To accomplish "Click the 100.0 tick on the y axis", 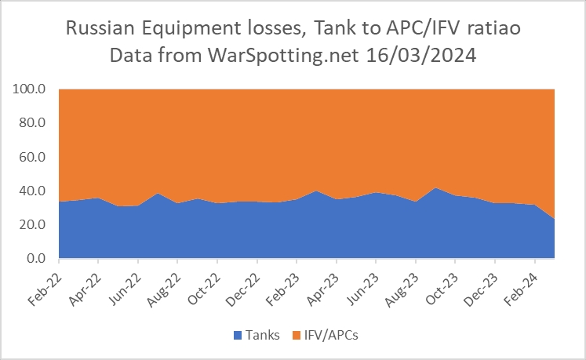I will (32, 89).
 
